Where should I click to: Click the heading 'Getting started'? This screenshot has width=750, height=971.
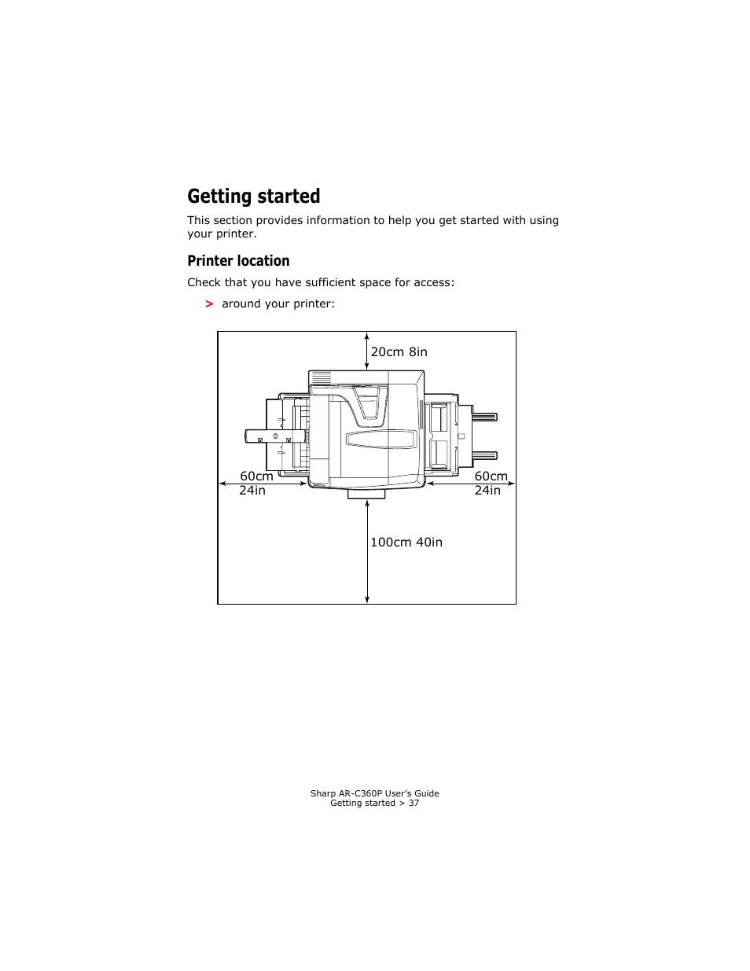click(253, 197)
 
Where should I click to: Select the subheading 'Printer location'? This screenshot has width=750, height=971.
click(238, 261)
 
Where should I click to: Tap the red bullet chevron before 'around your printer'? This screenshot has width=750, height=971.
click(209, 304)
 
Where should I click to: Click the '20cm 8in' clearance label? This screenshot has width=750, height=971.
click(399, 352)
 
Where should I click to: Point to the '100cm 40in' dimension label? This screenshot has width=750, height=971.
click(406, 543)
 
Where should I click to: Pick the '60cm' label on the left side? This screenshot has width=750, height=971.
click(256, 476)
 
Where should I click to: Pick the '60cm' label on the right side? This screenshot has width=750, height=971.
click(491, 476)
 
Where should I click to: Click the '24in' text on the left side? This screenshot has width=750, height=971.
click(252, 491)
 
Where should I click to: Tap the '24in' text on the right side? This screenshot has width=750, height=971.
click(487, 491)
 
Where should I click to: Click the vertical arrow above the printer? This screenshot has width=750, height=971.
click(367, 351)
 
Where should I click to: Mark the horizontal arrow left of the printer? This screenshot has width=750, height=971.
click(263, 484)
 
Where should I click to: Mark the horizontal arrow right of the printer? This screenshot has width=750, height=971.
click(470, 484)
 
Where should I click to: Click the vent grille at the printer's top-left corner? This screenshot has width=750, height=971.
click(321, 379)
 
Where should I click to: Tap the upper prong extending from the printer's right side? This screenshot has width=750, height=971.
click(484, 417)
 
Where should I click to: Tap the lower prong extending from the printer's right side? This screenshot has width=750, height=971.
click(484, 455)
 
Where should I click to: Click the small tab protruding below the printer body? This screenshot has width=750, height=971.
click(366, 494)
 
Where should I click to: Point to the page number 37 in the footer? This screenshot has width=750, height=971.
click(414, 804)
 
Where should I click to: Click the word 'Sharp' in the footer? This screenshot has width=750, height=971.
click(322, 794)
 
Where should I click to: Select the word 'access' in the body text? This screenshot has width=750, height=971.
click(432, 283)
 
